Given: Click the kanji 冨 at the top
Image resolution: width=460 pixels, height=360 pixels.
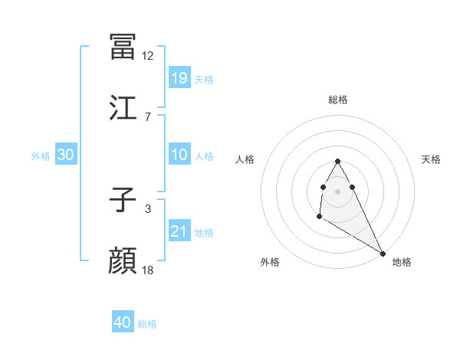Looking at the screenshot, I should (x=123, y=47).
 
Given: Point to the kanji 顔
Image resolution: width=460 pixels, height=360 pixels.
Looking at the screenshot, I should (x=123, y=261).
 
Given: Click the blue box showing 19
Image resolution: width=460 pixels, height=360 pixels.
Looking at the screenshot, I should (x=179, y=77).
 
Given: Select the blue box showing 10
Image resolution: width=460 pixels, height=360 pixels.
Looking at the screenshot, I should (x=179, y=155).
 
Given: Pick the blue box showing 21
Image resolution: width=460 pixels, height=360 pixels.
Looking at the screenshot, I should (x=179, y=231).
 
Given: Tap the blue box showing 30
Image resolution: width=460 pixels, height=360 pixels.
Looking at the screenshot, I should (x=66, y=155).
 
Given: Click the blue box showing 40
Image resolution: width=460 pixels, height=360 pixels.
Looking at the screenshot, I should (x=123, y=322).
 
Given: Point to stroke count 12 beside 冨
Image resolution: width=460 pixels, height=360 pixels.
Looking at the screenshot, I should (x=148, y=55).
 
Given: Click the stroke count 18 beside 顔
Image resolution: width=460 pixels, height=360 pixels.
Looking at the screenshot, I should (x=148, y=270).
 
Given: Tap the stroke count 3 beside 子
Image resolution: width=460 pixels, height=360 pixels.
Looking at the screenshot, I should (x=148, y=208).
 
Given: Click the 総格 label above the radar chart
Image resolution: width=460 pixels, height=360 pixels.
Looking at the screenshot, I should (x=338, y=100).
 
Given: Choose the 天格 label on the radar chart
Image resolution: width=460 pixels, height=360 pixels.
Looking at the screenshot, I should (x=432, y=159).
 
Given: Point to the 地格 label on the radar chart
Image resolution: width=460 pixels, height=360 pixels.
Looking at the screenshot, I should (x=402, y=262).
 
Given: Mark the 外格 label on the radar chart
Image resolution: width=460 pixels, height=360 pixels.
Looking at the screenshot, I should (x=270, y=262).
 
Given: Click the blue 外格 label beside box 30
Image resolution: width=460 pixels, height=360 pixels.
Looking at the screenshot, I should (x=41, y=155).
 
